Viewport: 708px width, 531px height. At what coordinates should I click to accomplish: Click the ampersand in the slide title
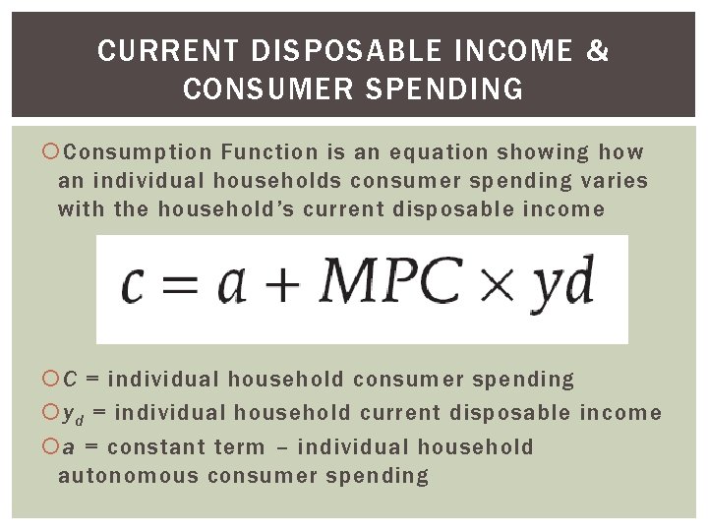597,51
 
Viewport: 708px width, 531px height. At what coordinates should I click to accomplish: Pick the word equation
438,152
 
